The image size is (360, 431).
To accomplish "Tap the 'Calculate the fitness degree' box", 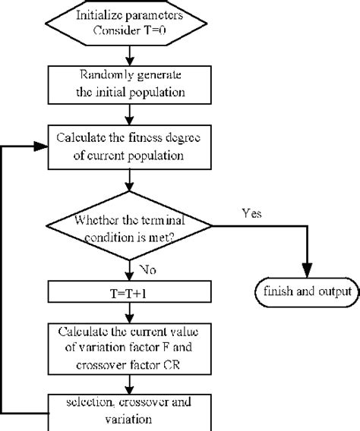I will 133,149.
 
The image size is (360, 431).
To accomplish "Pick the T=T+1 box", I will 133,291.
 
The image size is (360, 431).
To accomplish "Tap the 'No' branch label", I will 149,268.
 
